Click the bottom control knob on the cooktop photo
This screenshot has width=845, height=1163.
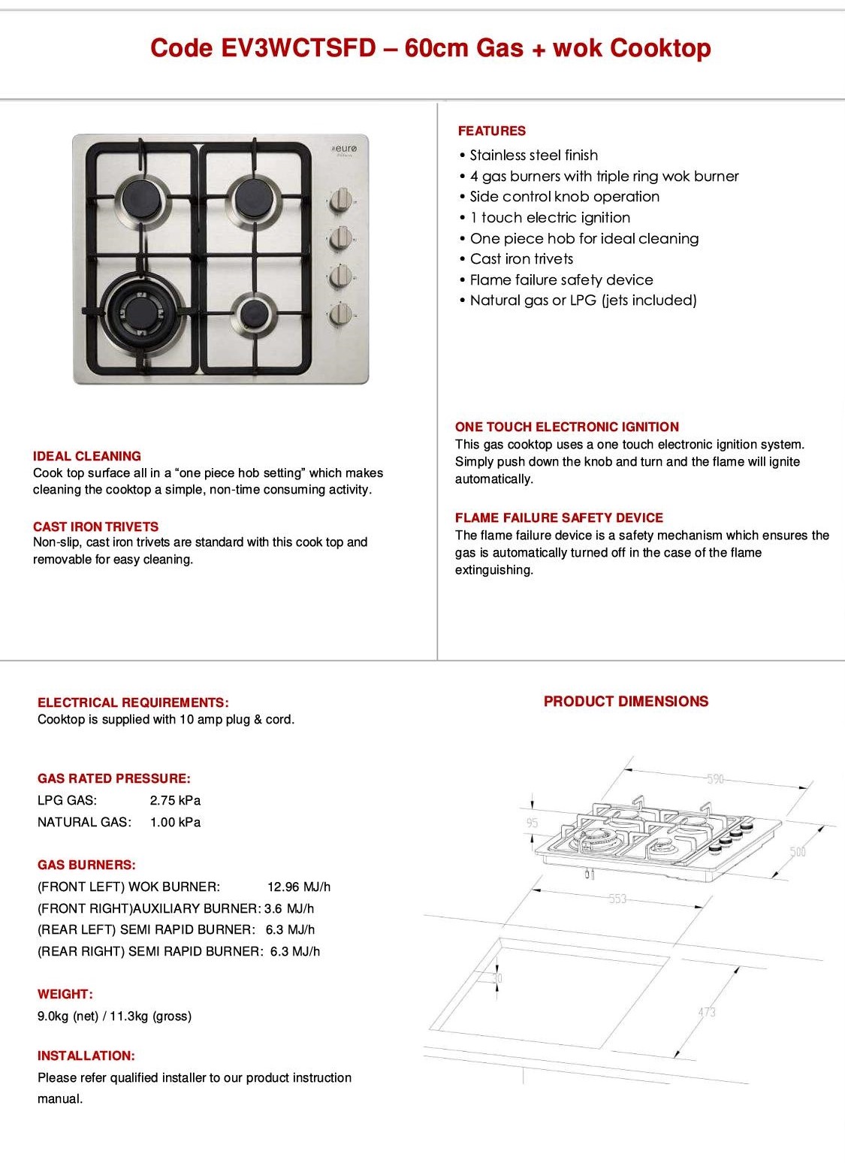tap(341, 314)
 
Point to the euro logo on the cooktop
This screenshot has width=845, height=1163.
tap(346, 150)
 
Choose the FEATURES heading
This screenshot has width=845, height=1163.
tap(492, 131)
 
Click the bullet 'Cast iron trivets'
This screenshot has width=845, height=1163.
tap(521, 259)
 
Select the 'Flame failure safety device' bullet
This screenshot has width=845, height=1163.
tap(561, 280)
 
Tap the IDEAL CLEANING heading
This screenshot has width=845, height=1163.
tap(87, 456)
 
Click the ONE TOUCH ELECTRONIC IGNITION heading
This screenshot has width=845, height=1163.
tap(566, 427)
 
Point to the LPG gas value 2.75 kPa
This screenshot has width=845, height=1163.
tap(175, 800)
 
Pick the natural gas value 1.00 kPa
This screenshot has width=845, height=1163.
tap(175, 822)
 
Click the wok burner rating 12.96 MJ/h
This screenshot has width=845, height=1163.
tap(299, 887)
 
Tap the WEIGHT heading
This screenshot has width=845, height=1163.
tap(65, 994)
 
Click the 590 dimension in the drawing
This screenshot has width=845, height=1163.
tap(715, 779)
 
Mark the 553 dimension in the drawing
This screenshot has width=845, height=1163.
tap(617, 899)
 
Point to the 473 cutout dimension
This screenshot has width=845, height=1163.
tap(707, 1012)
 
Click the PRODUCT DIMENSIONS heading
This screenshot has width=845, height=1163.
tap(626, 702)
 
